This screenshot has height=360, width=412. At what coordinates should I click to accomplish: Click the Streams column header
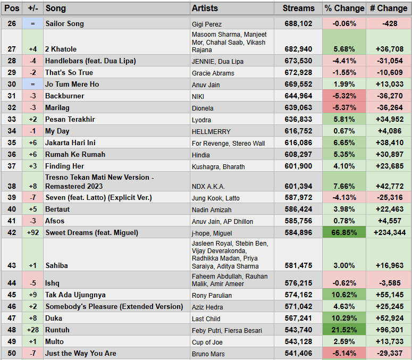tap(298, 9)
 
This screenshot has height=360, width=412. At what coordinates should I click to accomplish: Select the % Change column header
tap(344, 9)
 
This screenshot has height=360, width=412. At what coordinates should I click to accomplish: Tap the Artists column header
tap(205, 9)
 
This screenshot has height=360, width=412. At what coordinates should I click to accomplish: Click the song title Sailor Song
tap(64, 24)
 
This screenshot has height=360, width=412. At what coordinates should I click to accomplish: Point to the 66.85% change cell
tap(344, 232)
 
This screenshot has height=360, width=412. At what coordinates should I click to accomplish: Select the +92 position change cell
tap(33, 232)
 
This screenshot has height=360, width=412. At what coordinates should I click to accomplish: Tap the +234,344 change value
tap(389, 232)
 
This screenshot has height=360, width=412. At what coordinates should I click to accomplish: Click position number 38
tap(11, 186)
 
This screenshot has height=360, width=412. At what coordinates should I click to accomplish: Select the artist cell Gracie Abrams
tap(213, 73)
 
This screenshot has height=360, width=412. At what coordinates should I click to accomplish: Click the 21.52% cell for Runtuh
tap(344, 330)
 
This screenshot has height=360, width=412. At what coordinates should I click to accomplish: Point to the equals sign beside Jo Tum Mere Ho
tap(33, 85)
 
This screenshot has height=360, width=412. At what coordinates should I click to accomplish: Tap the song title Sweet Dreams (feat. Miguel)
tap(91, 232)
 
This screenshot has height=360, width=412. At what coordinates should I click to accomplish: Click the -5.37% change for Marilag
tap(344, 108)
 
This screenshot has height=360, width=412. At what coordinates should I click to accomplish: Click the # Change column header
tap(389, 9)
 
